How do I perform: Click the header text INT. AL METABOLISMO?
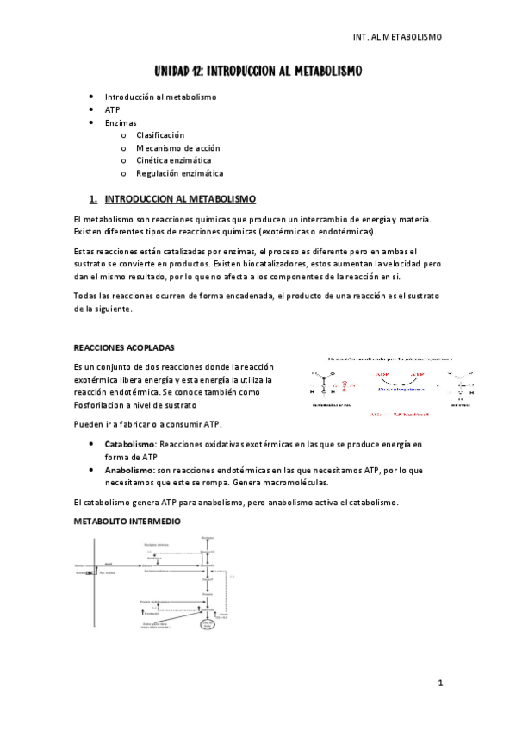397,37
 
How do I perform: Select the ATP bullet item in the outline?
112,110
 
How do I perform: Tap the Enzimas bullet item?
121,123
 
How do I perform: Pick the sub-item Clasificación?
160,135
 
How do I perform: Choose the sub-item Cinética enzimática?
173,160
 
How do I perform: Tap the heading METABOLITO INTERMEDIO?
127,522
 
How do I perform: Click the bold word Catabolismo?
129,444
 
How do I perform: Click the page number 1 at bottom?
439,684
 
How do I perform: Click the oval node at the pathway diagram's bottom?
207,626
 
